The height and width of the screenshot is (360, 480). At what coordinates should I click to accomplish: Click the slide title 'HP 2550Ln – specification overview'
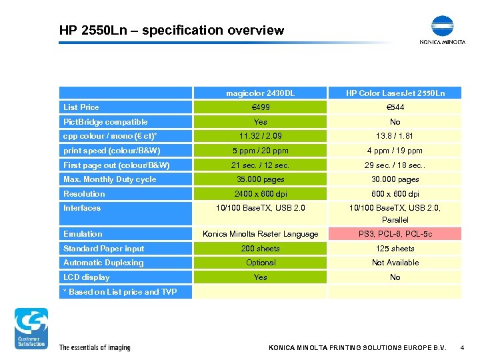tap(171, 30)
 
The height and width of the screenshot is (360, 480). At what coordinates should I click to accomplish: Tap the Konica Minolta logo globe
tap(442, 26)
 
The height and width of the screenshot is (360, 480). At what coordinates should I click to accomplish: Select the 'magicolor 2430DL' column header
tap(260, 93)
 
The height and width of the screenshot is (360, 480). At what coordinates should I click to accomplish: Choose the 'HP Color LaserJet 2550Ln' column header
tap(395, 93)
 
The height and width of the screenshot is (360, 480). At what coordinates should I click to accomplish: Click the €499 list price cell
tap(260, 107)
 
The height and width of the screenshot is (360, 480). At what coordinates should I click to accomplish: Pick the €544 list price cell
tap(395, 107)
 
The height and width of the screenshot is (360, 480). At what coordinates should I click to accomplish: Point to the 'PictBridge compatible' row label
tap(105, 122)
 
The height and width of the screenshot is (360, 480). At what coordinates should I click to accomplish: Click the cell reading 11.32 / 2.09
tap(260, 136)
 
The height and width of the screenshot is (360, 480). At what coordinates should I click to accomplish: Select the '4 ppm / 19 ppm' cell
tap(395, 151)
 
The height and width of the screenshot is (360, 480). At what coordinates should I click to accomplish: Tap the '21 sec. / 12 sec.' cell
tap(260, 165)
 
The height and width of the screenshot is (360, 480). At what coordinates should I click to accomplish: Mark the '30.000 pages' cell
tap(395, 179)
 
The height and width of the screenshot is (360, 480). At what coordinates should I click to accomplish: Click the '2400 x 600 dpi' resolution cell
tap(260, 194)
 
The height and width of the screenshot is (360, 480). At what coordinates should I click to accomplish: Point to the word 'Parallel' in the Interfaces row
tap(395, 220)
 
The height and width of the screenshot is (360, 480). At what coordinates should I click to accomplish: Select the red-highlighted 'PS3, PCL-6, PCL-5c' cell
tap(395, 234)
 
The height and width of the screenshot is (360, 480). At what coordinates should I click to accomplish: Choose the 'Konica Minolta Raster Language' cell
tap(260, 234)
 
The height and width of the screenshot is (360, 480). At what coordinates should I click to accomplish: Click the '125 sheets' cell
tap(395, 249)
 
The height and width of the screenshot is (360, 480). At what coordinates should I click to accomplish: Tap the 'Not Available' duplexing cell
tap(395, 263)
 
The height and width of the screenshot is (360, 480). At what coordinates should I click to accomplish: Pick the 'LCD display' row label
tap(87, 277)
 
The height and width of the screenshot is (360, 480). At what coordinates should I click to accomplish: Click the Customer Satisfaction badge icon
tap(31, 328)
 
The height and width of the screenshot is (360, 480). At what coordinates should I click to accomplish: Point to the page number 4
tap(462, 348)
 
